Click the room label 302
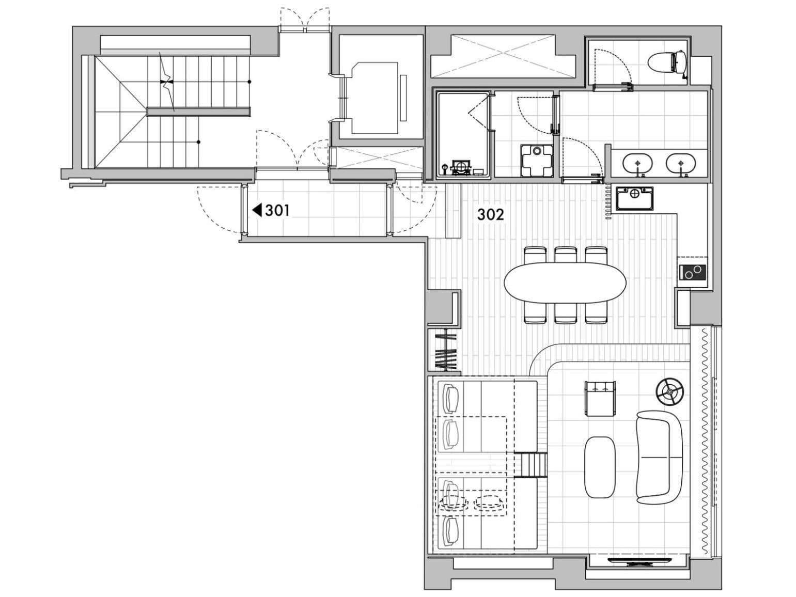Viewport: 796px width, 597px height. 490,215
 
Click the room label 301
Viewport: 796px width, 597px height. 277,210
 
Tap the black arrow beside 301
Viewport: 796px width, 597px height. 257,210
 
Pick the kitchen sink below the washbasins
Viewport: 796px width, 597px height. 634,198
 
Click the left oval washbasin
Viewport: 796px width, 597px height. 638,163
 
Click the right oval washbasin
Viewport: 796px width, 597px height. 681,163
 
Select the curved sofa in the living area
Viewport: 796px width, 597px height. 658,457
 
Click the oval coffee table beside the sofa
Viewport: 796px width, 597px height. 600,467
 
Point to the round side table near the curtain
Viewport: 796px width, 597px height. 669,392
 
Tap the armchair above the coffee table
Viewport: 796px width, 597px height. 600,398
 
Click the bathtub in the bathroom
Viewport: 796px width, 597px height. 463,135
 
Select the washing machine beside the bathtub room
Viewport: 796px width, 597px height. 537,161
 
